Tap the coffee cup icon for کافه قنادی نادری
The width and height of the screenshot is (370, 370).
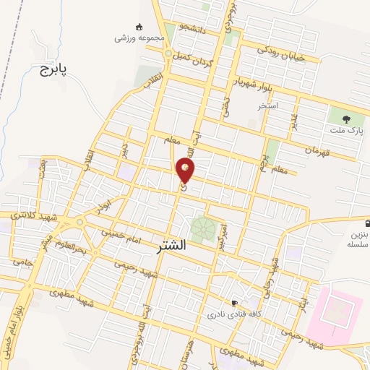pos(234,304)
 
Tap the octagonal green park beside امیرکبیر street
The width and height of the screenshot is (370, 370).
pos(202,231)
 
